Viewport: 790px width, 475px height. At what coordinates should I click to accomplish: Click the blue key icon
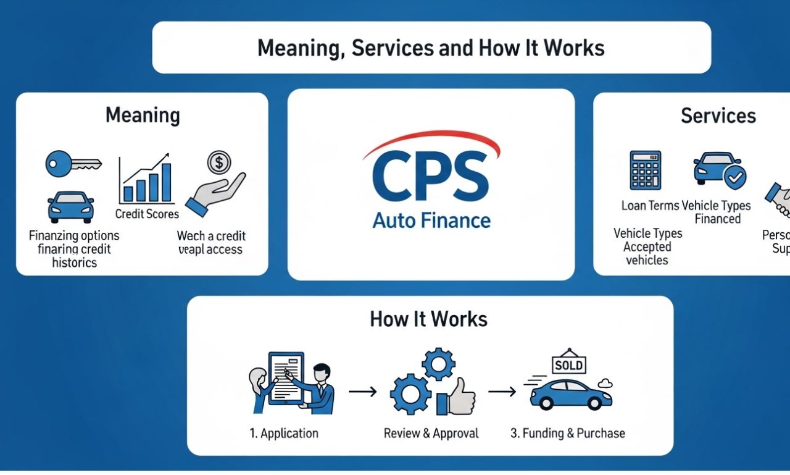72,164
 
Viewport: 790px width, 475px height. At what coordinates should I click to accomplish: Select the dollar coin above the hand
219,162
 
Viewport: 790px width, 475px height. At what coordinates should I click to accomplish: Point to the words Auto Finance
431,220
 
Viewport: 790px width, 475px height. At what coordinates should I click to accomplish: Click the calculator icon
646,170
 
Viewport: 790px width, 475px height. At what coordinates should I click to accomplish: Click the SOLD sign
568,365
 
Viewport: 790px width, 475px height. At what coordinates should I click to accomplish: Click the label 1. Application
284,434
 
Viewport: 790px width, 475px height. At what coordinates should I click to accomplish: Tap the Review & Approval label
431,434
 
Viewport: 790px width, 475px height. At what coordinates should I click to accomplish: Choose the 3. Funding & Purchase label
567,434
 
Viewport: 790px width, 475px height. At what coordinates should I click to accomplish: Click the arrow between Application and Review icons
362,392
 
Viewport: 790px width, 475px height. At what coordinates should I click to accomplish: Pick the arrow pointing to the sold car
502,392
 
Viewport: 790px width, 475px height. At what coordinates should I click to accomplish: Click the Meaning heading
143,115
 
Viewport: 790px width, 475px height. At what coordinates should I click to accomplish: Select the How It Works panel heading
429,319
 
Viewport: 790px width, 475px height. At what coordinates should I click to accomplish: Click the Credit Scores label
147,214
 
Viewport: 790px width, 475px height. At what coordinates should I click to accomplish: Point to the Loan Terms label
650,206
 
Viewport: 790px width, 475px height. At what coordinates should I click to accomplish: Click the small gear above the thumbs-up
439,364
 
